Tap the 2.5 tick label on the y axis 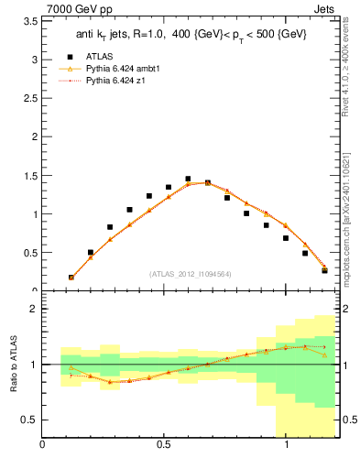pos(29,98)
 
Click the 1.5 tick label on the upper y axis pos(29,176)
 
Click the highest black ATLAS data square pos(188,180)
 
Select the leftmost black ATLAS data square pos(71,277)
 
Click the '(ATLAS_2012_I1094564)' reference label pos(190,273)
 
